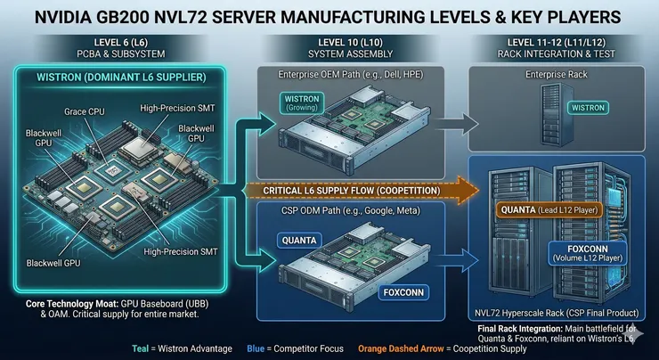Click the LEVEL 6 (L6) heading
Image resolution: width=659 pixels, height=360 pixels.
pyautogui.click(x=121, y=43)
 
